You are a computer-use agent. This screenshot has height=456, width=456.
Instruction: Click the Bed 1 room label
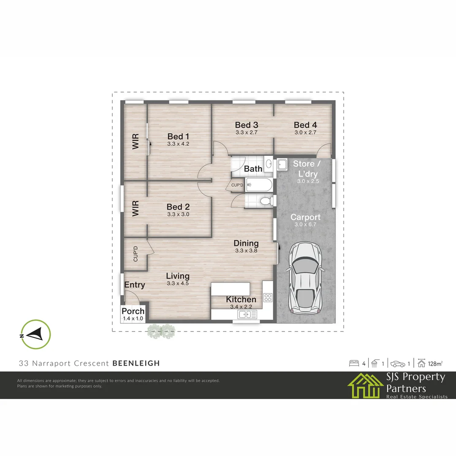178,136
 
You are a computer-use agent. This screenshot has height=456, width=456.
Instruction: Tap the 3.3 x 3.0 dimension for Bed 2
178,214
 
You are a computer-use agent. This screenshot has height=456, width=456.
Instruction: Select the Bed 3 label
247,125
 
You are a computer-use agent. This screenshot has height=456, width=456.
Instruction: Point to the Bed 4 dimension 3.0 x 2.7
305,132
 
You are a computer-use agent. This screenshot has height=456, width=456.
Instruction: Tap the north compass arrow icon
35,334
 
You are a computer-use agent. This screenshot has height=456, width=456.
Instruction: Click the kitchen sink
247,314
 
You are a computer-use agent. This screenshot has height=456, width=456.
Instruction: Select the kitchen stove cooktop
268,297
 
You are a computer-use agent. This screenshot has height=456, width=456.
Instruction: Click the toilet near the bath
265,201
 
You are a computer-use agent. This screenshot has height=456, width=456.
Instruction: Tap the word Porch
133,312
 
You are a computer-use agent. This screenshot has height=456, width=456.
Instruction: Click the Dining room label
246,243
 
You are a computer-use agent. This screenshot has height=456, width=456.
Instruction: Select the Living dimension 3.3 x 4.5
178,283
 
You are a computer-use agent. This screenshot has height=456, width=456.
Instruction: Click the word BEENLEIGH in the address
136,363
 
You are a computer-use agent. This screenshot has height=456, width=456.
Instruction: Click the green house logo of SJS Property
366,385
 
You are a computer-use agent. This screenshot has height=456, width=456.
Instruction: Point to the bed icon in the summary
354,363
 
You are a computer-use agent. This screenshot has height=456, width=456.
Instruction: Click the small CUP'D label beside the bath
237,185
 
